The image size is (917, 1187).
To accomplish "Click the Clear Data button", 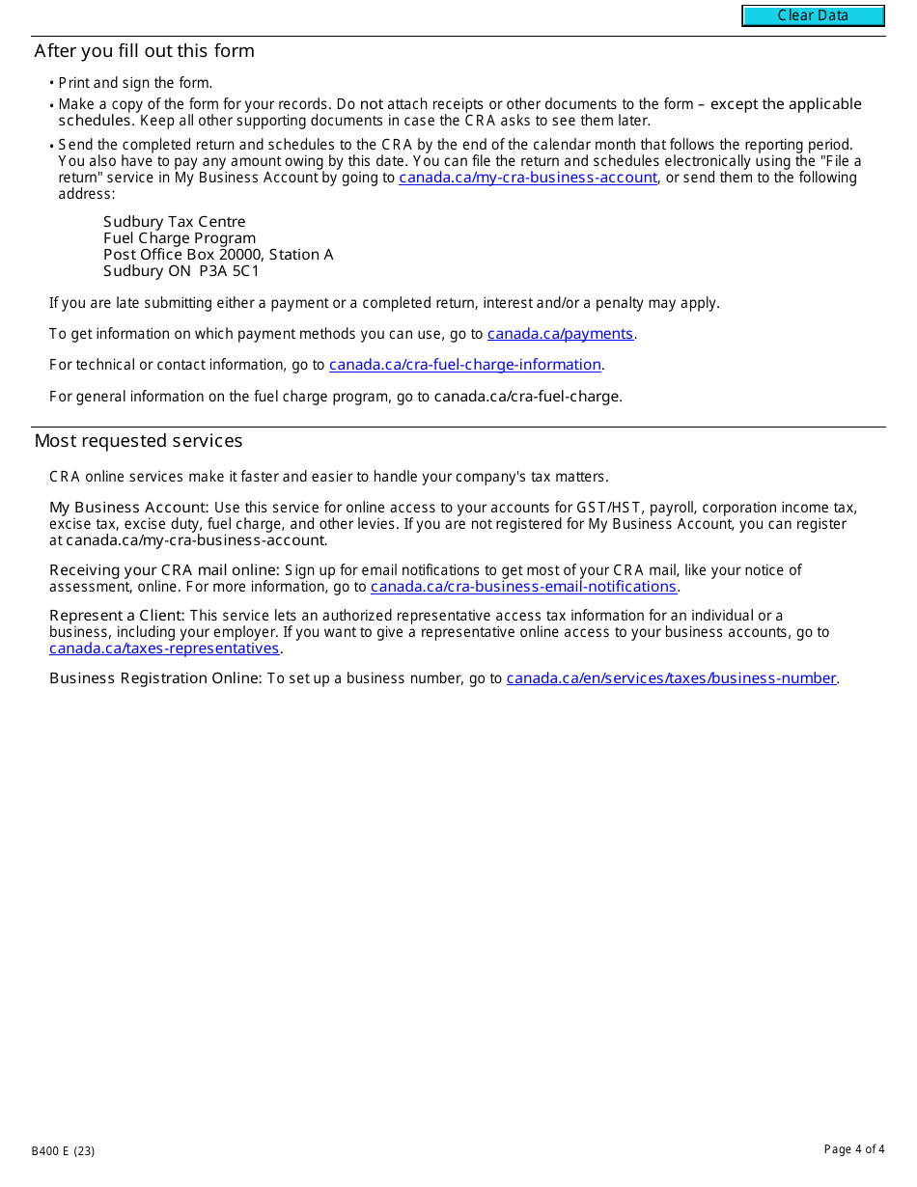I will tap(813, 15).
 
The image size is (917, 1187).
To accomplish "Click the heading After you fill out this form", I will tap(145, 51).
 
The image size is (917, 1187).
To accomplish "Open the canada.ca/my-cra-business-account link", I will tap(528, 178).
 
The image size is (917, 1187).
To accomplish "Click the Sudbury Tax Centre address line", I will tap(175, 222).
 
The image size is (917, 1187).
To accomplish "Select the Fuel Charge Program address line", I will tap(180, 238).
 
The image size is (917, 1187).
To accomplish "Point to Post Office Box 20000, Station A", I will tap(218, 255).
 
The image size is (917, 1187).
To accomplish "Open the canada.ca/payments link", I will tap(560, 334).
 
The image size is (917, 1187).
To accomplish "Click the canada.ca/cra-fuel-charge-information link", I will tap(465, 365).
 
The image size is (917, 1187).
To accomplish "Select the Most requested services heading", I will tap(139, 441).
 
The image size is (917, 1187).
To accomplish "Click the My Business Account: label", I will tap(129, 508).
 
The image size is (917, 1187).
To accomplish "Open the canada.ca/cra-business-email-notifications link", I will tap(523, 587).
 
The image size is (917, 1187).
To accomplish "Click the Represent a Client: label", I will tap(118, 616).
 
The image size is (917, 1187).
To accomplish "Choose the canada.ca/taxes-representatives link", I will tap(164, 649).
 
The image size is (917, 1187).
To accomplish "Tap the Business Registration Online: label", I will tap(155, 678).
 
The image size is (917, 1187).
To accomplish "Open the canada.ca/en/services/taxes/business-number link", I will tap(671, 678).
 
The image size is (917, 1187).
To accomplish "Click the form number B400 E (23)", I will tap(63, 1150).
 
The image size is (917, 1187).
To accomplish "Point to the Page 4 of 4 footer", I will tap(853, 1149).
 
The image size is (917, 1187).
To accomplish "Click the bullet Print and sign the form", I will tap(135, 83).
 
